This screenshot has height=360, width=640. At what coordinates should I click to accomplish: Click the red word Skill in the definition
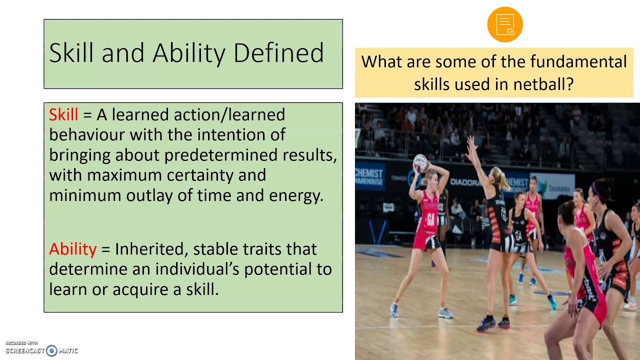click(63, 114)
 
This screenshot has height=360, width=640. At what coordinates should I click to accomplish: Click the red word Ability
click(72, 249)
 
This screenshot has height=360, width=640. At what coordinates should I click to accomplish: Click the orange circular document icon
click(505, 24)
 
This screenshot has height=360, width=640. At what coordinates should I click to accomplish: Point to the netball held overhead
click(420, 163)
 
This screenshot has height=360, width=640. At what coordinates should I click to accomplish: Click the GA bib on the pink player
click(430, 219)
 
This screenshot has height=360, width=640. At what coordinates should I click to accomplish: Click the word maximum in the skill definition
click(124, 175)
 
